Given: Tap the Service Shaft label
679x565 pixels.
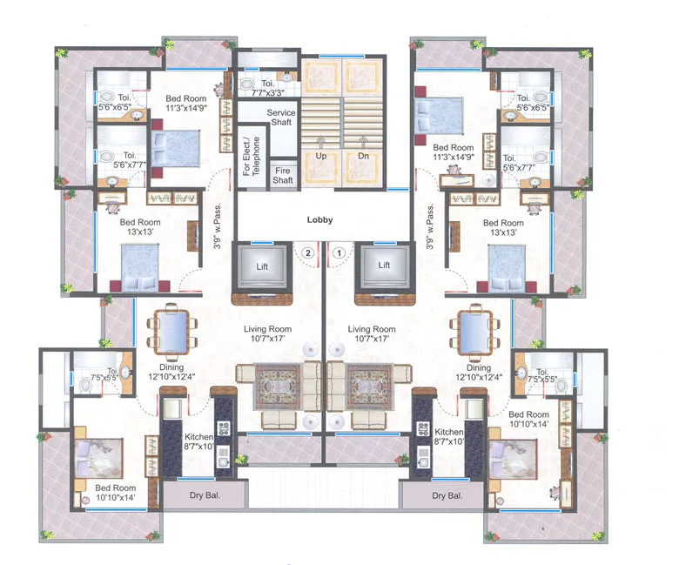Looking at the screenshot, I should click(280, 118).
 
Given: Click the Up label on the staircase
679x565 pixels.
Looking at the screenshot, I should click(321, 156).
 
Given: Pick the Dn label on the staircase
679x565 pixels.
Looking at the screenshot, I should click(363, 156).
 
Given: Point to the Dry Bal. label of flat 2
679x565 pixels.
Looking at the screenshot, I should click(207, 496).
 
